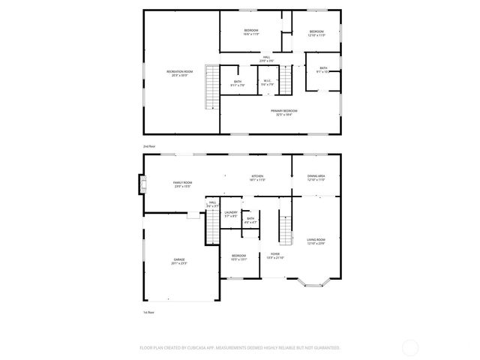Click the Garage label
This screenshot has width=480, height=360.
coord(179,262)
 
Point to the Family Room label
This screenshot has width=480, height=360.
coord(183,184)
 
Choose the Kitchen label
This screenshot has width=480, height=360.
coord(257,178)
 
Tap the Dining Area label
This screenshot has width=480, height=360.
coord(316,178)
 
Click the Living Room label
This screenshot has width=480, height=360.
coord(316,241)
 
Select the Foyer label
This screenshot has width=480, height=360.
coord(275,256)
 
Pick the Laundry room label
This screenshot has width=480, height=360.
coord(231,214)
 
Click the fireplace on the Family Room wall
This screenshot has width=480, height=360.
coord(139,184)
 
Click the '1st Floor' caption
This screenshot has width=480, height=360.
coord(148,311)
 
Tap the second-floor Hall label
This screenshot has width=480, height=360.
coord(266,58)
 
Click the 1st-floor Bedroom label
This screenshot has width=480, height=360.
coord(238,257)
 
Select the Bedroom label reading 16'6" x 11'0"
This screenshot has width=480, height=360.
coord(250,32)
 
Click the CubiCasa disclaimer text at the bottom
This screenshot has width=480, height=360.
coord(240,347)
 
